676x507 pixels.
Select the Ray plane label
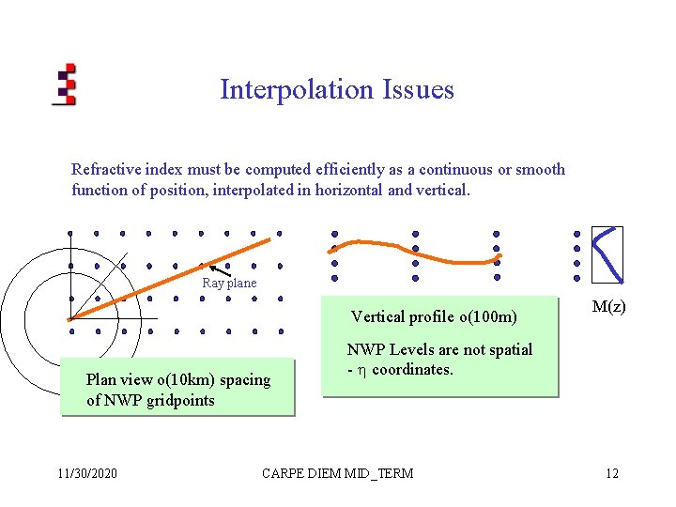point(229,283)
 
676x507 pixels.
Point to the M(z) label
point(609,307)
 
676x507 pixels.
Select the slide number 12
point(612,473)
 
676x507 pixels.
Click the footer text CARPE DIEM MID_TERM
point(338,473)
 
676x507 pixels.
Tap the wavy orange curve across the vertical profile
point(413,249)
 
